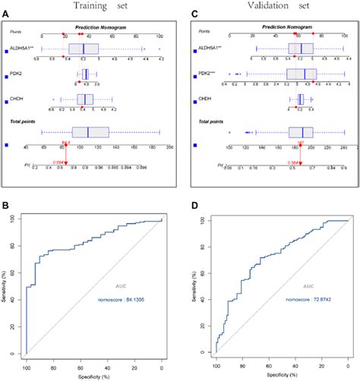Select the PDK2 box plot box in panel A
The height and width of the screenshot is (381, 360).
(x=85, y=74)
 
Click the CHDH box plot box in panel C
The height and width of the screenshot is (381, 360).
(x=301, y=99)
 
